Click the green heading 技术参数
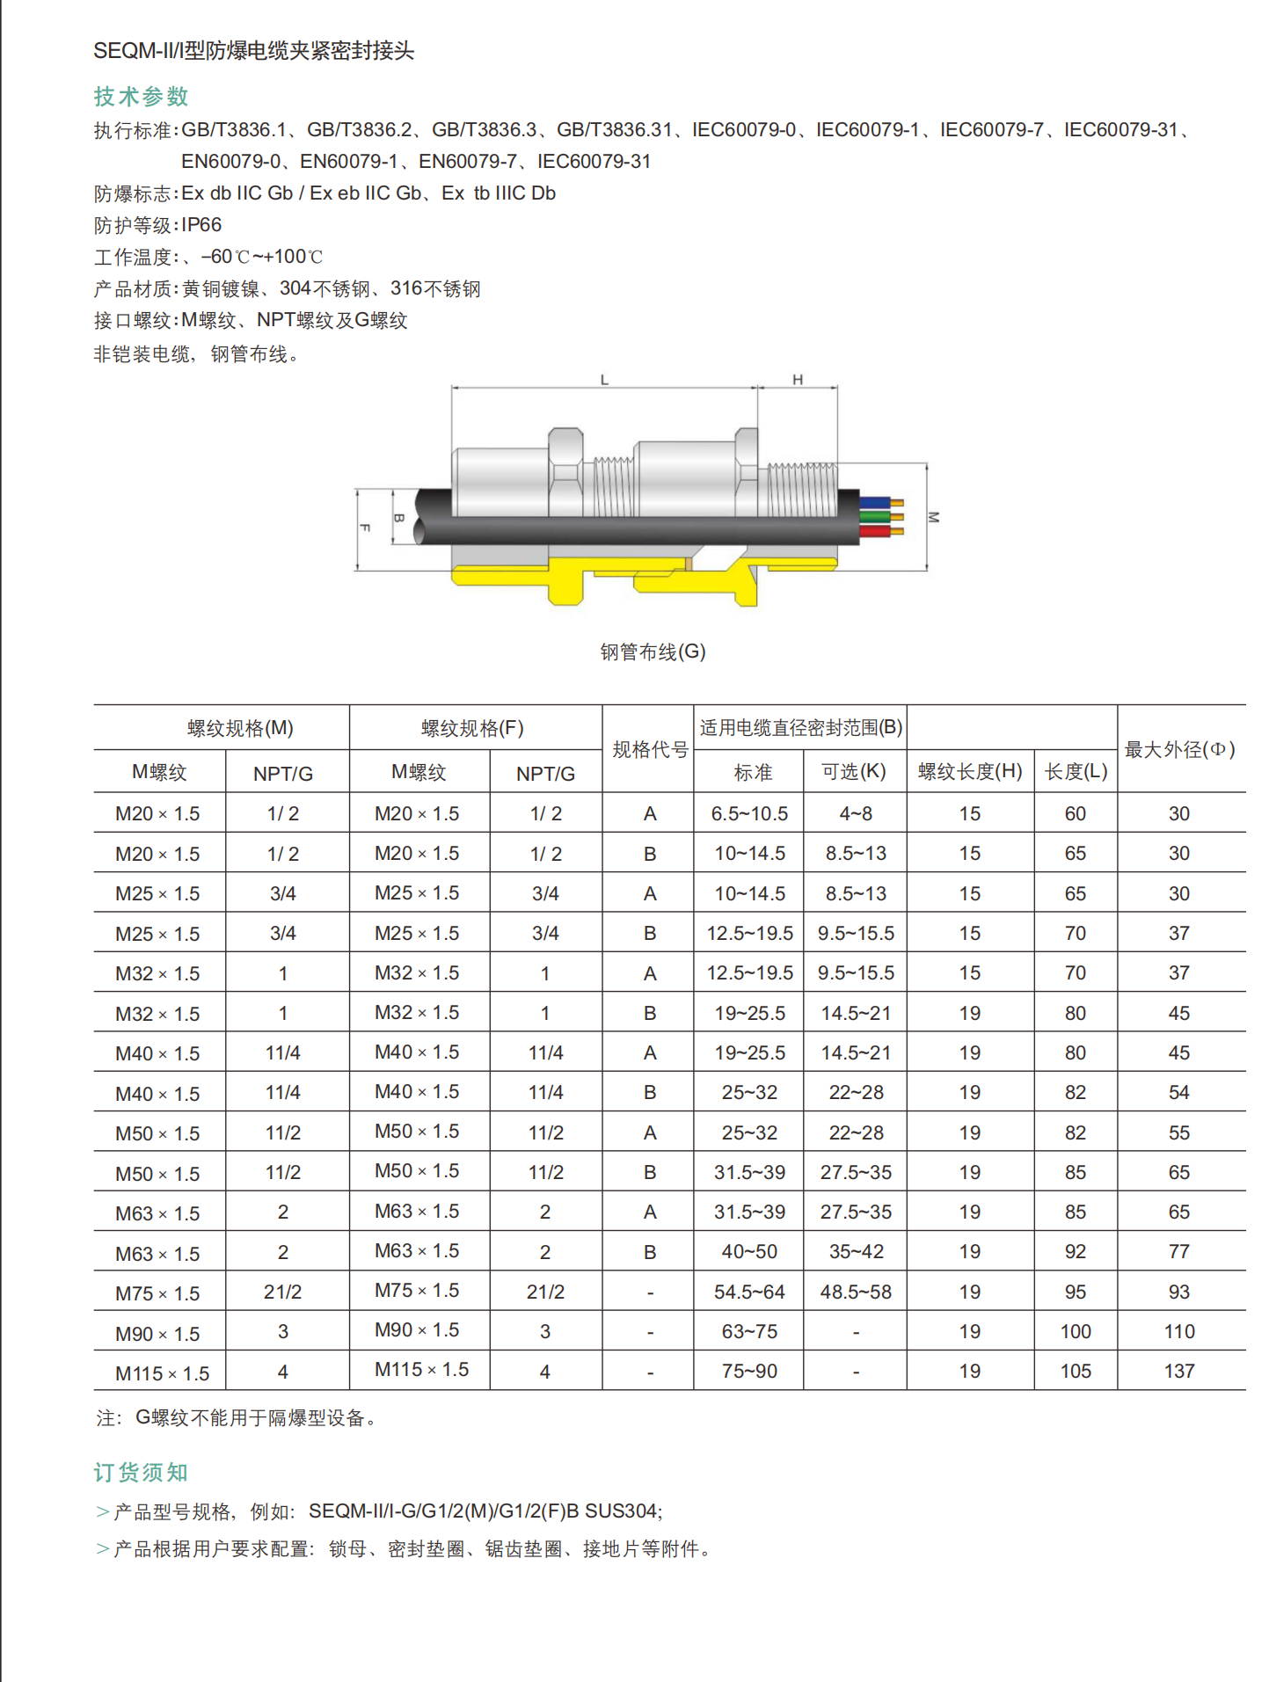[x=142, y=97]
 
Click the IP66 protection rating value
[x=201, y=225]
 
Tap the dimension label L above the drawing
[x=604, y=380]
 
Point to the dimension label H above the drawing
[x=798, y=380]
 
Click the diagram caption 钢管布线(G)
[x=653, y=652]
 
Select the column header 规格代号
[x=650, y=750]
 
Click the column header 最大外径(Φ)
[x=1180, y=750]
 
